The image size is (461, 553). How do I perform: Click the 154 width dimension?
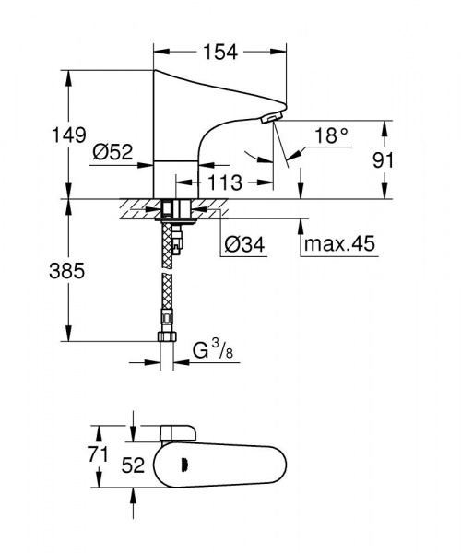(219, 53)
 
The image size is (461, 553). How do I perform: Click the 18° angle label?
(331, 135)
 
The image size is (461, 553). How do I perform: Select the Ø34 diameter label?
(242, 244)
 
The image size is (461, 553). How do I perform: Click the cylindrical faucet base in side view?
(174, 177)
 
